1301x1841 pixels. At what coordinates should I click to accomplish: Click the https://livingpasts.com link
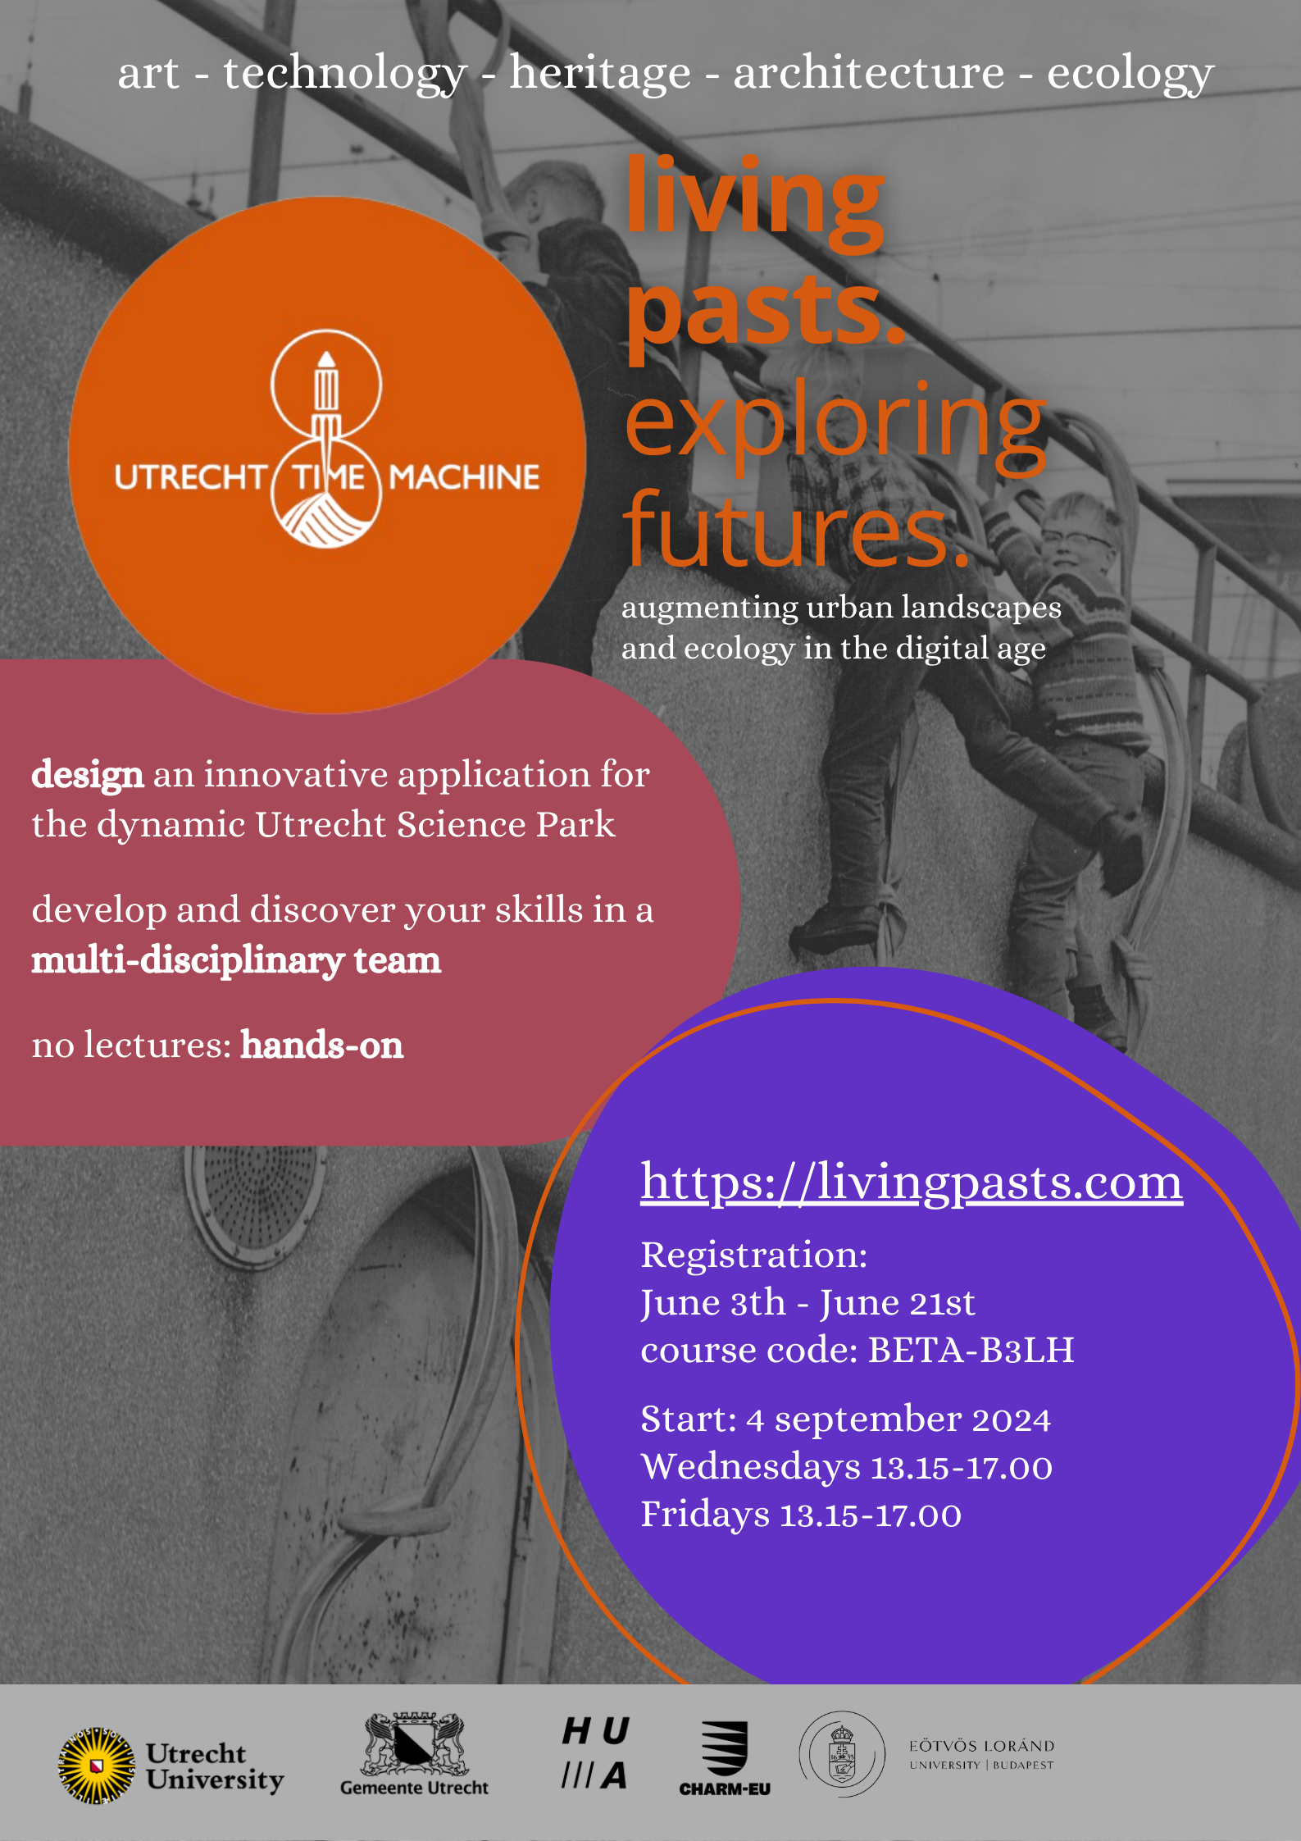911,1183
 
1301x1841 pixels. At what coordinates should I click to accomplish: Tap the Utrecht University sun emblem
97,1766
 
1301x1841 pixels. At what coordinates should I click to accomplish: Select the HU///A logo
595,1752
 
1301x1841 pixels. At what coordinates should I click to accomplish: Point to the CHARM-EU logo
725,1758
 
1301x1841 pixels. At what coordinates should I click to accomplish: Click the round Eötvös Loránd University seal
842,1754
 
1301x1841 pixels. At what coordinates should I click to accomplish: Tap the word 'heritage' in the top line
600,73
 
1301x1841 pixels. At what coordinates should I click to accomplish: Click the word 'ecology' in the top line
1130,73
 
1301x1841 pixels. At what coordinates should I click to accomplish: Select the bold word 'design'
88,775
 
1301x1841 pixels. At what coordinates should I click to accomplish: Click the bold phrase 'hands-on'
322,1046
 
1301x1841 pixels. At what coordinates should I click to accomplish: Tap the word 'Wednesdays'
750,1467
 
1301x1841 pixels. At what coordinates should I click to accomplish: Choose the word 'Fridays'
704,1515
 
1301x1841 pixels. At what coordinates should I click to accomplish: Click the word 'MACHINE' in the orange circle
464,477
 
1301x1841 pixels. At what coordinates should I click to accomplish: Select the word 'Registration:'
753,1255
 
